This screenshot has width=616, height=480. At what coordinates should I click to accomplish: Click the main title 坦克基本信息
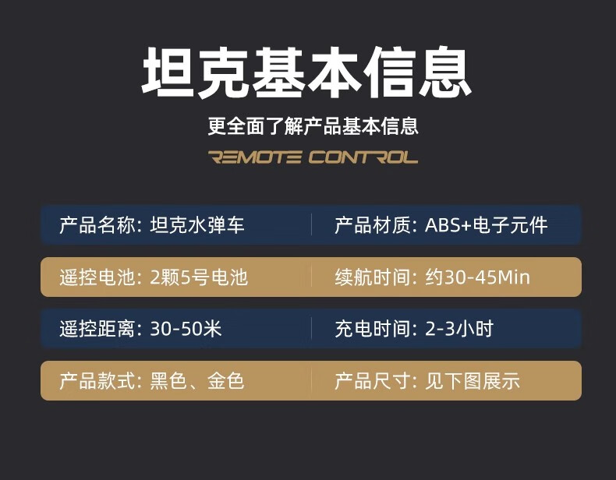tap(306, 72)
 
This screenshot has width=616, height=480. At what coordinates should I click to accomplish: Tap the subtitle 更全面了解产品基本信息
tap(313, 126)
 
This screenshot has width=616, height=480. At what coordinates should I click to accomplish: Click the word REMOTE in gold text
tap(255, 157)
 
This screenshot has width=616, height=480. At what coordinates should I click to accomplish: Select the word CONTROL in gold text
tap(363, 157)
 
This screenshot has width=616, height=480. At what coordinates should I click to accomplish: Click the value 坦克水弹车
tap(197, 225)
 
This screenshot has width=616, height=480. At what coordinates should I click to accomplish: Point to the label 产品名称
tap(97, 225)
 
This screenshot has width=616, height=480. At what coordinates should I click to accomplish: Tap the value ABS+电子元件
tap(487, 225)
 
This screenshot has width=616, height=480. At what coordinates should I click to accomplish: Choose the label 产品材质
tap(373, 225)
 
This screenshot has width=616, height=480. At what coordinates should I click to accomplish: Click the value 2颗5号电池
tap(199, 277)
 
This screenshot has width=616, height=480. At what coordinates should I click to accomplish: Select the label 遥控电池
tap(97, 277)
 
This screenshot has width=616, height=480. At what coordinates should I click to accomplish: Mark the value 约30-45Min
tap(478, 277)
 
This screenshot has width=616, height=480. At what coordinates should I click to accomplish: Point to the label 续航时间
tap(373, 277)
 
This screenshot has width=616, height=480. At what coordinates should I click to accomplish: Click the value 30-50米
tap(186, 329)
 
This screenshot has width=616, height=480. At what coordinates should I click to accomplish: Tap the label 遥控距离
tap(97, 329)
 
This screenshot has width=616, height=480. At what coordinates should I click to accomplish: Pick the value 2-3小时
tap(459, 329)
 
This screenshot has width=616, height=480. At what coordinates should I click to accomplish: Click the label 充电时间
tap(373, 329)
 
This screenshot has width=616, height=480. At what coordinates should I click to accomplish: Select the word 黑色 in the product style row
tap(168, 381)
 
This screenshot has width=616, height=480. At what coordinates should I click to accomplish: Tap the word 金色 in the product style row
tap(226, 381)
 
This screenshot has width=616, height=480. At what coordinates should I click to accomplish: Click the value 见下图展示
tap(473, 381)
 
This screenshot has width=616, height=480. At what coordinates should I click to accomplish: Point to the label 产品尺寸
tap(373, 381)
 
